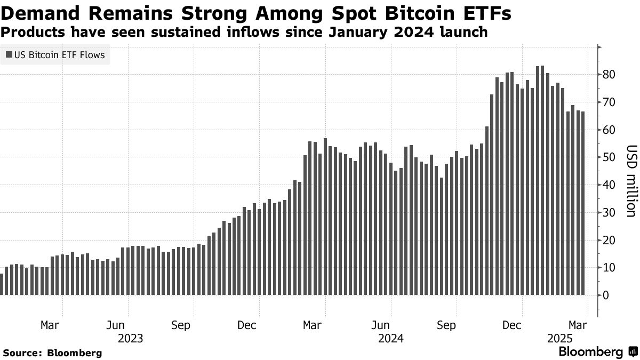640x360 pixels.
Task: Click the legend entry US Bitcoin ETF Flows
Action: click(55, 54)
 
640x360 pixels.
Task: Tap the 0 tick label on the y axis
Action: click(606, 295)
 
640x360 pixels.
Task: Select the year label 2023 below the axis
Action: click(131, 338)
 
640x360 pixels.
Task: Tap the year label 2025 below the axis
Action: click(560, 338)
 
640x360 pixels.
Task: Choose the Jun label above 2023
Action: click(116, 325)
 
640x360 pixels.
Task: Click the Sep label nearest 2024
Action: click(446, 325)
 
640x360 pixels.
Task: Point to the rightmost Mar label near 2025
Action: click(577, 325)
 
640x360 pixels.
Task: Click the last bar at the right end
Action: click(582, 203)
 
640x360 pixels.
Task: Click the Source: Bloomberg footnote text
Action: click(52, 353)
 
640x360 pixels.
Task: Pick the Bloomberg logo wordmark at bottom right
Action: click(590, 352)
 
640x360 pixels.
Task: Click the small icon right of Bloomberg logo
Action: click(633, 352)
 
